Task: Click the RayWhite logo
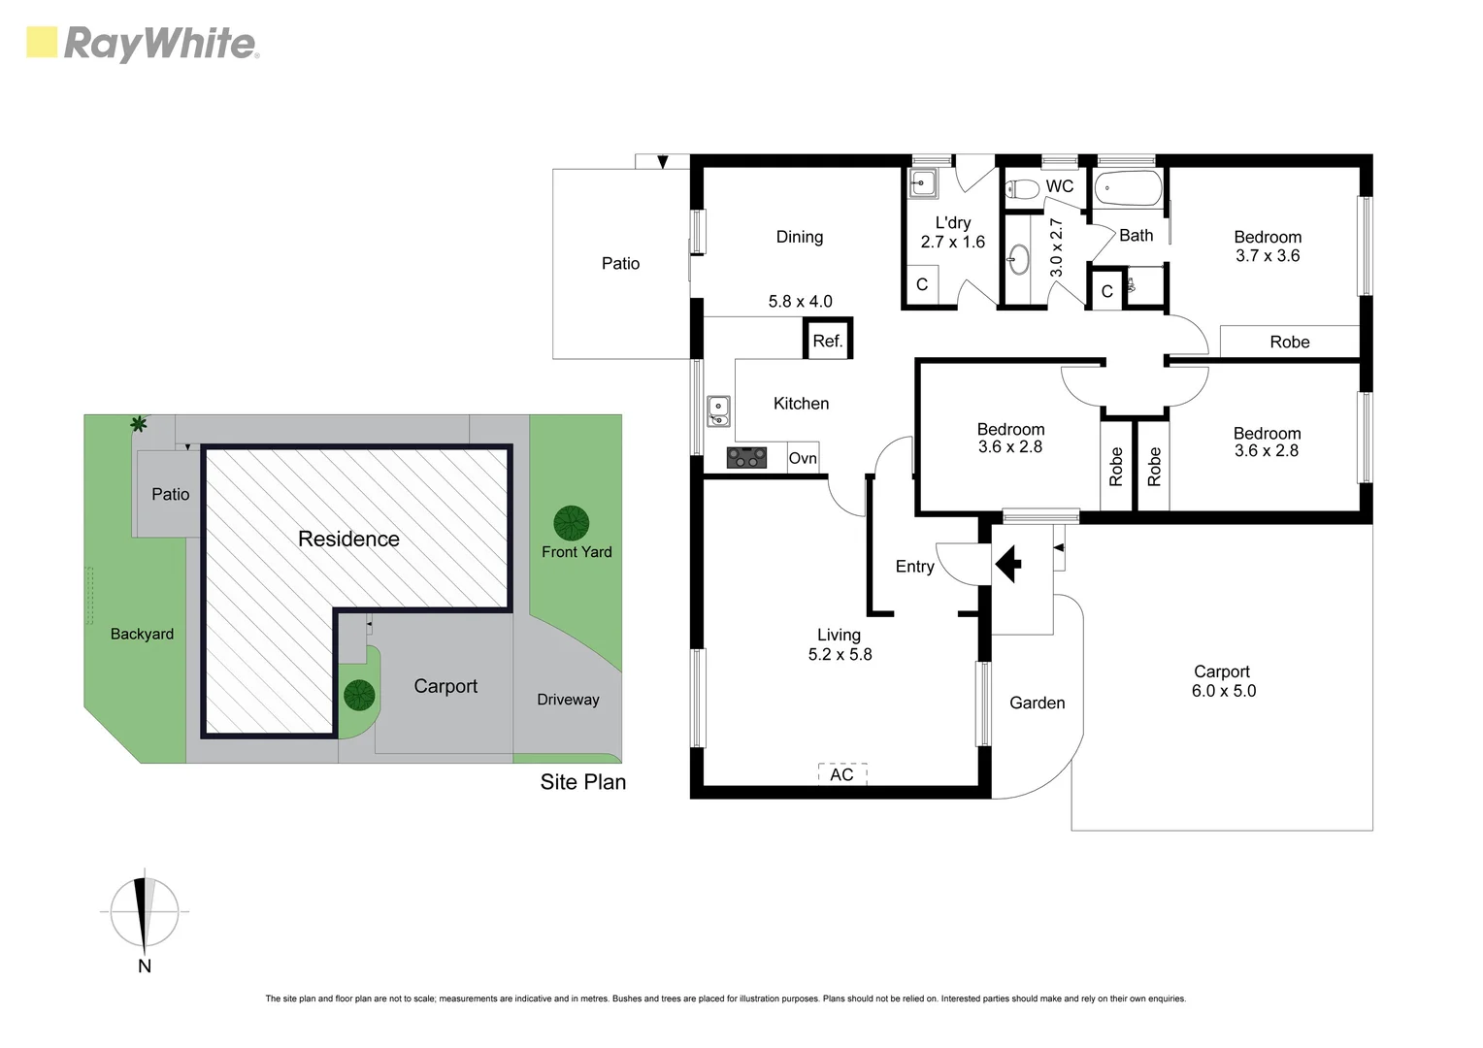pos(143,44)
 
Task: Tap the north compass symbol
pos(144,913)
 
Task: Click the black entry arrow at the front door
pos(1008,564)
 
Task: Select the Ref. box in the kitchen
pos(828,341)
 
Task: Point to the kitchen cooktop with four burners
pos(746,457)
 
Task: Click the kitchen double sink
pos(718,411)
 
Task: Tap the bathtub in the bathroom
pos(1128,188)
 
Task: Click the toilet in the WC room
pos(1019,188)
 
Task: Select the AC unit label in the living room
pos(841,774)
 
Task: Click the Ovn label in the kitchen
pos(803,458)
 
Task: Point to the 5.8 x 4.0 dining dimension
pos(800,302)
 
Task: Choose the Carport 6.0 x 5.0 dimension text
pos(1223,691)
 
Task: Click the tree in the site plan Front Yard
pos(571,524)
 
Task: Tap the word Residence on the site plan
pos(348,540)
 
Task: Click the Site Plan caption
pos(582,782)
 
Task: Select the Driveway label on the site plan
pos(568,700)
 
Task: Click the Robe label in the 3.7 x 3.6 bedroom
pos(1289,342)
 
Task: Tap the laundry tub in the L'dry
pos(923,181)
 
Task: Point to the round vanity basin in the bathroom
pos(1018,259)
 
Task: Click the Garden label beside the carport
pos(1037,703)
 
